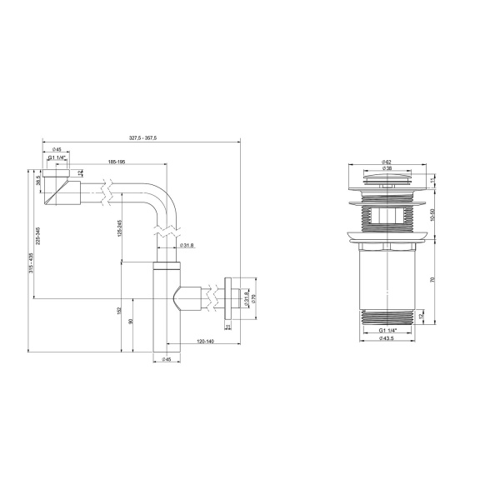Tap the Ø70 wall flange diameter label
click(254, 297)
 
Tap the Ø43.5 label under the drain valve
click(387, 337)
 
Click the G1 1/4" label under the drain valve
click(387, 330)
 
